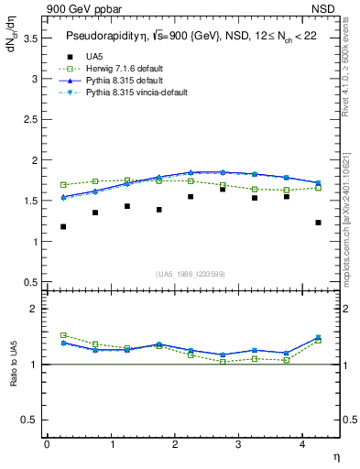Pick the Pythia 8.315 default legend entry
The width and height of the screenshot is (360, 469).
pyautogui.click(x=129, y=81)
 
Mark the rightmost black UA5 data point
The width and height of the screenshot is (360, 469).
pyautogui.click(x=318, y=223)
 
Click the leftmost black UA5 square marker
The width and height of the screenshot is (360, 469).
pyautogui.click(x=63, y=226)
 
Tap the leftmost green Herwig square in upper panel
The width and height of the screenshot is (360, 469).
pyautogui.click(x=63, y=185)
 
